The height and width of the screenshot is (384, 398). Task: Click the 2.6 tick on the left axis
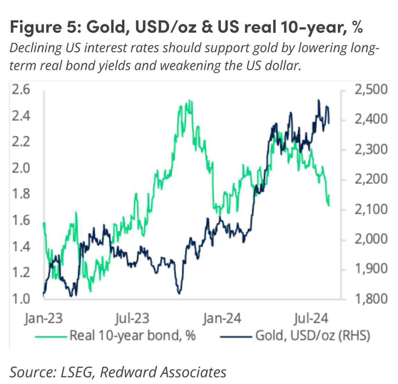tap(21, 90)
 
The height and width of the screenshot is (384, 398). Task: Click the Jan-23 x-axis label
tap(44, 318)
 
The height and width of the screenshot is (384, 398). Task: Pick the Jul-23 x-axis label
tap(132, 318)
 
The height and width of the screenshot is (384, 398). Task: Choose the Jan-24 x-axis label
tap(222, 318)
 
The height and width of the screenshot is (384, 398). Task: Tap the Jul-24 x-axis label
tap(311, 318)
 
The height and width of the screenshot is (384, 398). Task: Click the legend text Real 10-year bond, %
tap(132, 336)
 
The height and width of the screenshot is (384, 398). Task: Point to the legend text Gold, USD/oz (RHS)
tap(312, 336)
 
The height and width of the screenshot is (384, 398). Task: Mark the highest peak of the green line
tap(189, 101)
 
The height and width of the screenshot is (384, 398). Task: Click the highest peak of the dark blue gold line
tap(319, 100)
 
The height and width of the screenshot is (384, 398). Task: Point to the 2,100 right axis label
tap(371, 209)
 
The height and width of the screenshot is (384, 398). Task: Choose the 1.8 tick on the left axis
tap(21, 194)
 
